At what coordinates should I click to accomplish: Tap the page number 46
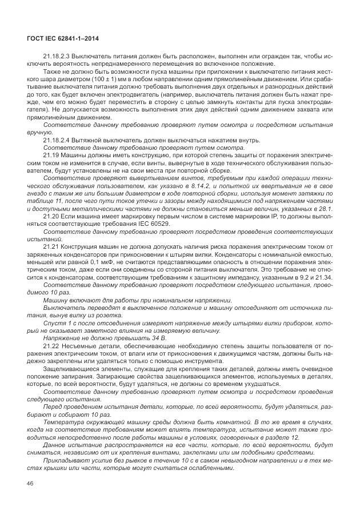tap(30, 484)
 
